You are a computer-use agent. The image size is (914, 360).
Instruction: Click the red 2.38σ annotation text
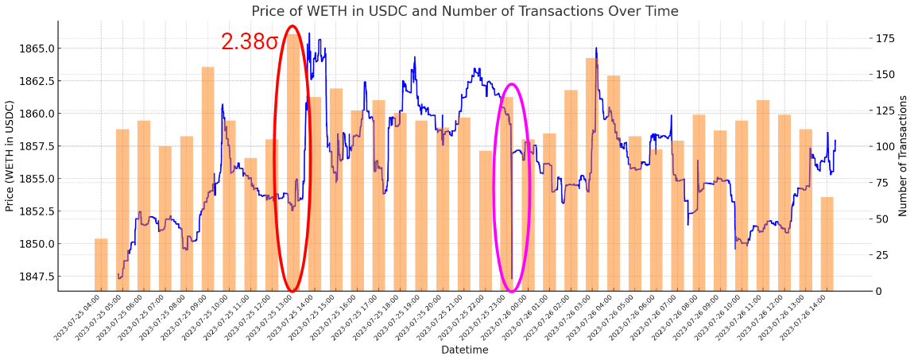[250, 42]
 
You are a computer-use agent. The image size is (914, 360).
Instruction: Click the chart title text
[465, 11]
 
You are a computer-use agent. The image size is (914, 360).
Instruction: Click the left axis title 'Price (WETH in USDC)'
[10, 156]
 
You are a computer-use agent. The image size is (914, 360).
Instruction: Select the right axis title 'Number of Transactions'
[903, 156]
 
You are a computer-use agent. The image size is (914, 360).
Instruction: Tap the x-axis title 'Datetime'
[465, 350]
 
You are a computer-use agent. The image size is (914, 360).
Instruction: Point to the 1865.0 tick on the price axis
[38, 48]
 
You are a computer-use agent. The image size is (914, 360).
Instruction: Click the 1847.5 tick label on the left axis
[38, 277]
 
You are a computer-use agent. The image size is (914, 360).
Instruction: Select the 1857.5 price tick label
[38, 146]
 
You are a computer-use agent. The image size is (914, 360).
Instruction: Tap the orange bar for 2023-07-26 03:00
[592, 175]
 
